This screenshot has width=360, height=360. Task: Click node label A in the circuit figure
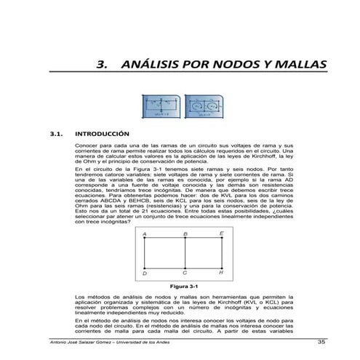(x=145, y=233)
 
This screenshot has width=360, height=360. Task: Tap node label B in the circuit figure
(x=185, y=233)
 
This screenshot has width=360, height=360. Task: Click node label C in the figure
(x=185, y=273)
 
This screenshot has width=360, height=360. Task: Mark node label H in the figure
(x=221, y=273)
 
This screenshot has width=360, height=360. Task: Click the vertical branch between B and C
(x=185, y=252)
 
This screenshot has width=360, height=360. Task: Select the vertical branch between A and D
(x=145, y=252)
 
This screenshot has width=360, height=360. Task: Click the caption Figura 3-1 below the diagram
(x=183, y=286)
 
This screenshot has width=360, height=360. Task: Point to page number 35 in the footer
(x=321, y=343)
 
